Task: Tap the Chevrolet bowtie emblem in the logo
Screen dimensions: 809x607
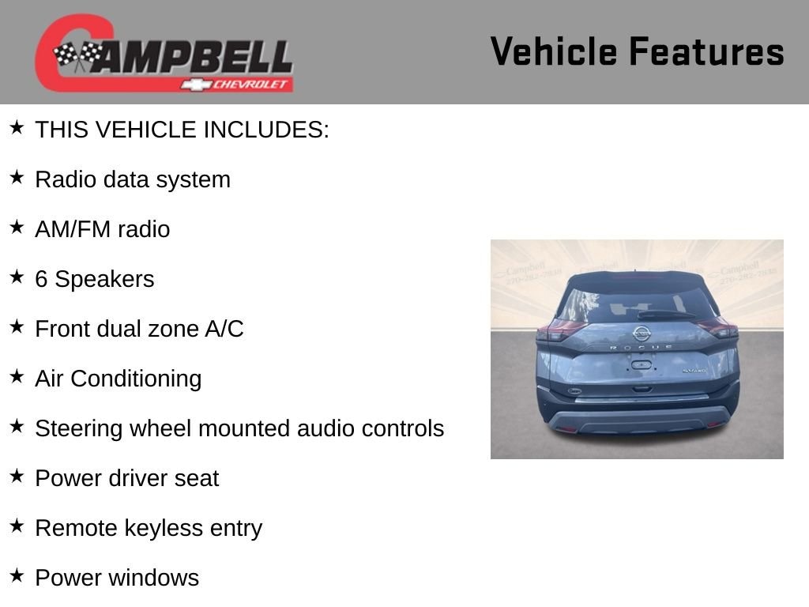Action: point(196,84)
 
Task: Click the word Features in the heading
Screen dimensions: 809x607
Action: point(706,51)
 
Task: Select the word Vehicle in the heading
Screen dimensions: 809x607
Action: point(554,51)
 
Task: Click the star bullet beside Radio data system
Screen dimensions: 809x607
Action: point(17,177)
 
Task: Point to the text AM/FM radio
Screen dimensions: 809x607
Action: point(102,229)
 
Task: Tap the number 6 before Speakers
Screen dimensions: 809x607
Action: point(41,279)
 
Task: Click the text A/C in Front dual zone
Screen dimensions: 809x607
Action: point(224,329)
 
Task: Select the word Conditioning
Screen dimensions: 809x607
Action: point(136,379)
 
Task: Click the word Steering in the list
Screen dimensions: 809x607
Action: point(79,429)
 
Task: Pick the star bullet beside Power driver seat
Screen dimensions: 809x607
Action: point(17,476)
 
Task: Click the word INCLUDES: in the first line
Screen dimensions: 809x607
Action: point(266,130)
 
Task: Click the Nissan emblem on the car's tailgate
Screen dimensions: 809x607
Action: point(642,334)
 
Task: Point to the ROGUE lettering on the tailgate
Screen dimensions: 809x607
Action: point(642,348)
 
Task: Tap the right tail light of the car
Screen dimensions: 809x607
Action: point(718,327)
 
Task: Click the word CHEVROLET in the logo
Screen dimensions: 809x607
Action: point(250,84)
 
